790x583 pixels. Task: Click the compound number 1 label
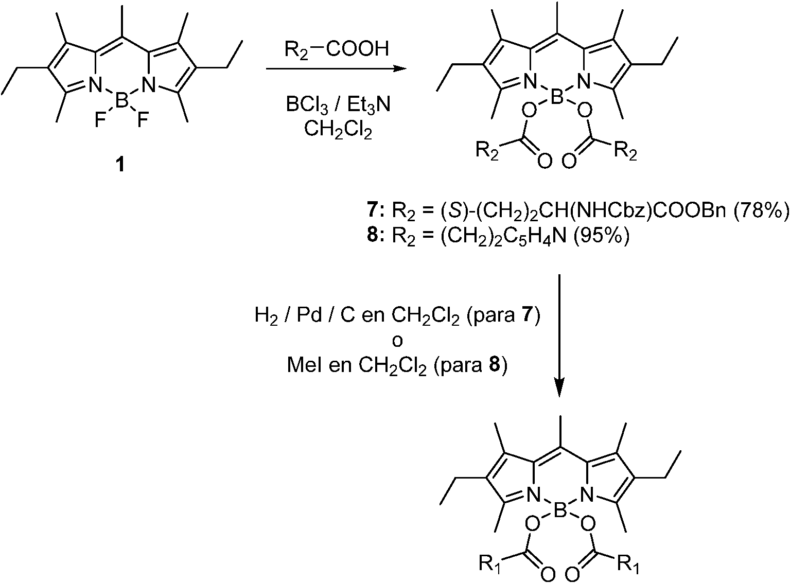120,165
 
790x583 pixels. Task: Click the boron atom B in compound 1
121,100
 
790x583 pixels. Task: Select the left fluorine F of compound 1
101,121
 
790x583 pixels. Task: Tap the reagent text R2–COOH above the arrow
337,49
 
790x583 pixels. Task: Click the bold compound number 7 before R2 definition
381,212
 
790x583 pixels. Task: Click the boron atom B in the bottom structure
559,510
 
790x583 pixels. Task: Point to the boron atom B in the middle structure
557,97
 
